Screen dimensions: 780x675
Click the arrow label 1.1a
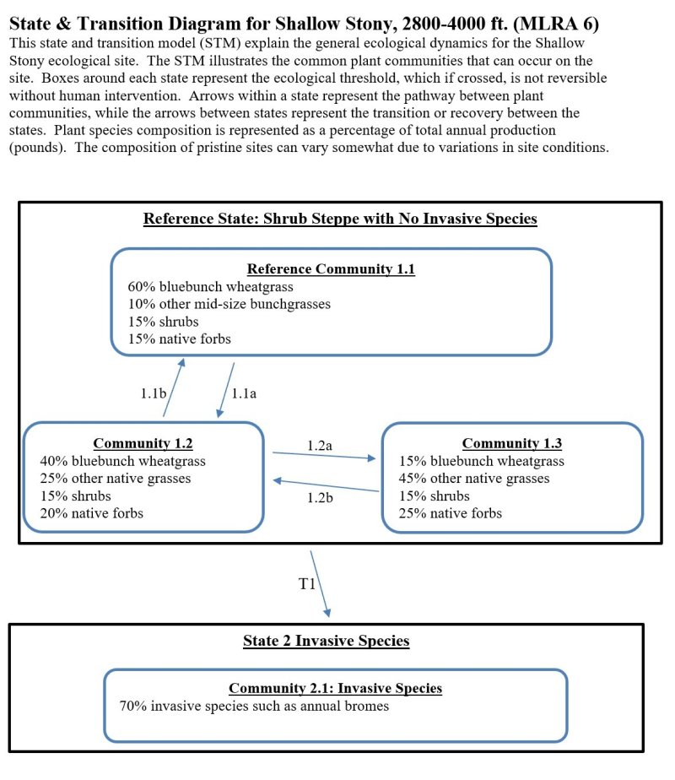tap(243, 393)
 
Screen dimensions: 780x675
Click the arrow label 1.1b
tap(153, 393)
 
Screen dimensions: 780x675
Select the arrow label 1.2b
tap(321, 497)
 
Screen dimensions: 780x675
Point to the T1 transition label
tap(307, 585)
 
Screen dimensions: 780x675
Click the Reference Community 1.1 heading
tap(331, 269)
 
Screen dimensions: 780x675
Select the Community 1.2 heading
tap(143, 443)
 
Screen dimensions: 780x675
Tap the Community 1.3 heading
tap(511, 443)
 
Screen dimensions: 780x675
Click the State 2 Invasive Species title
tap(326, 641)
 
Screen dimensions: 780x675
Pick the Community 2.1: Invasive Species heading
tap(335, 688)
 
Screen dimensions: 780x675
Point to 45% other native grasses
tap(474, 479)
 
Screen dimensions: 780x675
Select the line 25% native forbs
tap(451, 513)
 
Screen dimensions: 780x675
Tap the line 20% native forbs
tap(92, 513)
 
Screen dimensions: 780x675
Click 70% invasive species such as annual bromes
tap(254, 706)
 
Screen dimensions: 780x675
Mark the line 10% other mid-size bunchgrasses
tap(229, 304)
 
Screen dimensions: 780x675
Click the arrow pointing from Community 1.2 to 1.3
tap(323, 456)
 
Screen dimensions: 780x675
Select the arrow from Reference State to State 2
tap(321, 583)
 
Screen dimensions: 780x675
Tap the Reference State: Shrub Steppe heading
tap(340, 219)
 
